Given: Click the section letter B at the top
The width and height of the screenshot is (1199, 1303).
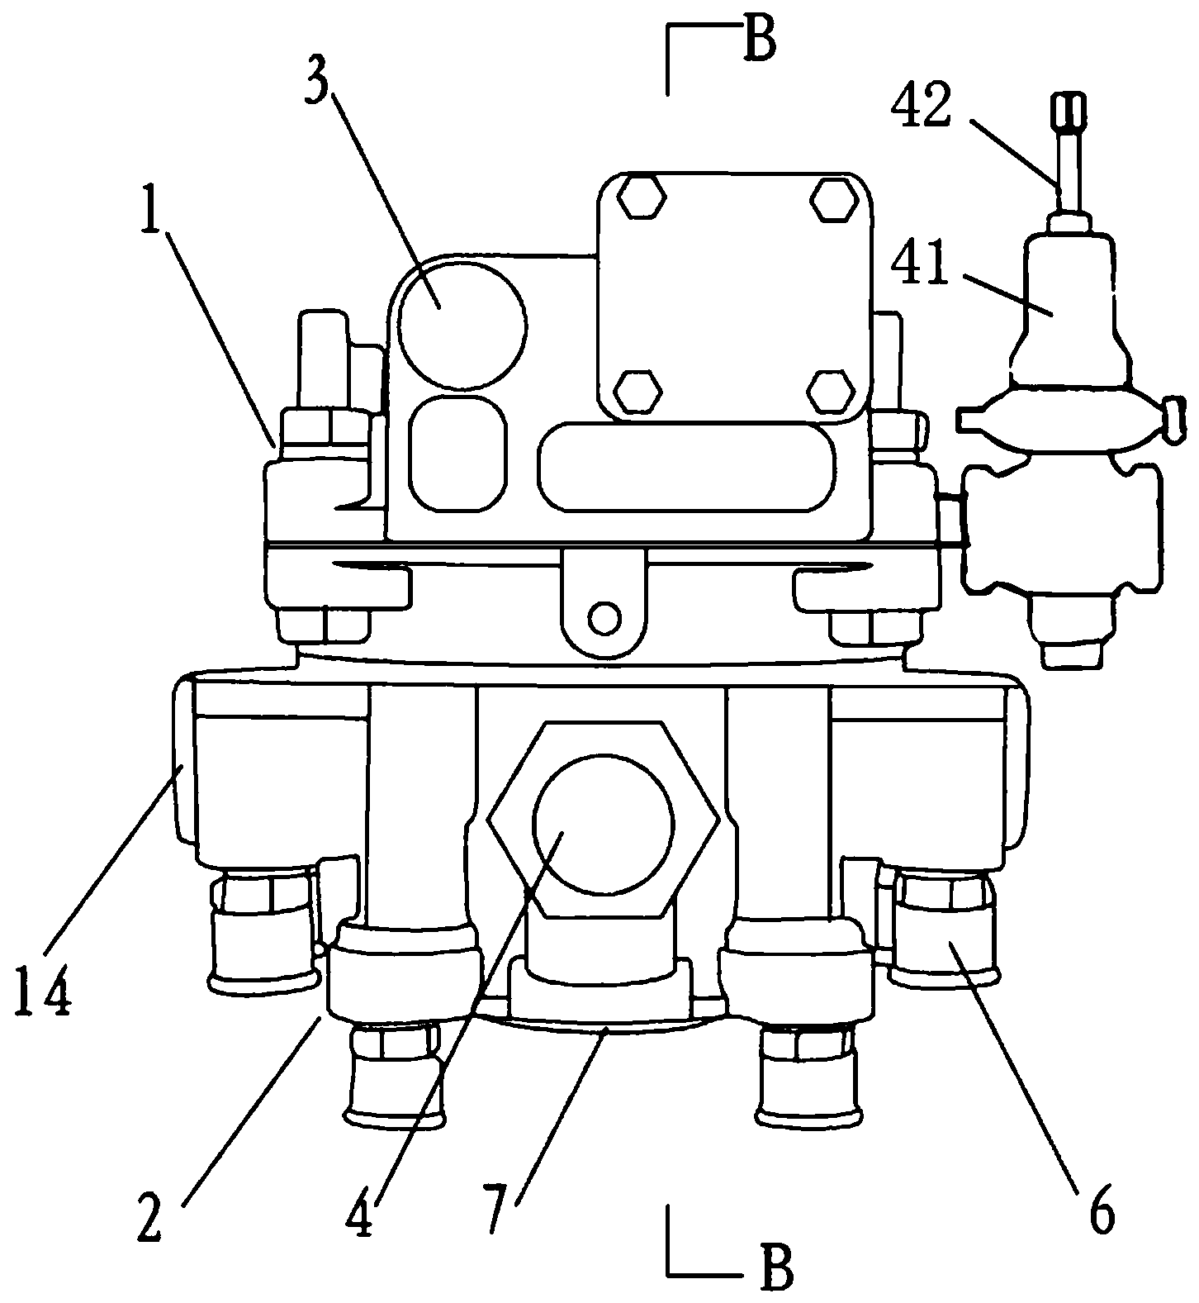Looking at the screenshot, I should (758, 41).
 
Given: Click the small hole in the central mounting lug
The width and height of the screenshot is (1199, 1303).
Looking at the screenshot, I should (606, 616).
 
